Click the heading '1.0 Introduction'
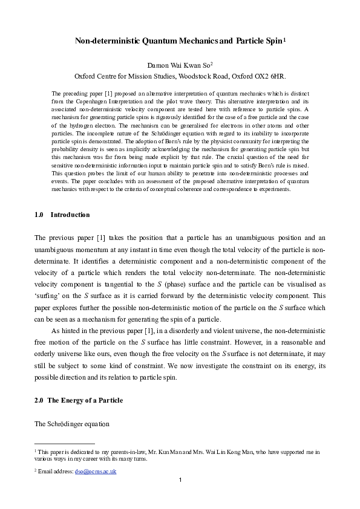[62, 215]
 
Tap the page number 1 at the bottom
[180, 481]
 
